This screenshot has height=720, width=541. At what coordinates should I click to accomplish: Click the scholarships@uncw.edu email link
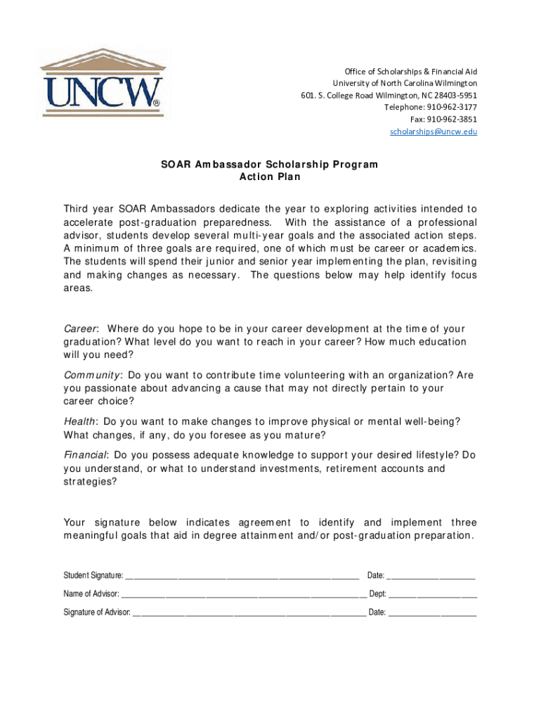point(434,131)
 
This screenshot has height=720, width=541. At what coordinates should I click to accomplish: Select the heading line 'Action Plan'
point(270,177)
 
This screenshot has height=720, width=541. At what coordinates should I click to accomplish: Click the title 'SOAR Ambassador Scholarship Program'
point(270,165)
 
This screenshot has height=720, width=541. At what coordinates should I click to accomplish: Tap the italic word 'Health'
point(80,421)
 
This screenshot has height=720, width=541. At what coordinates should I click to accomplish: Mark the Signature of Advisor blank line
point(249,613)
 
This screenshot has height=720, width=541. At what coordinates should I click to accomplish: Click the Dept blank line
point(433,595)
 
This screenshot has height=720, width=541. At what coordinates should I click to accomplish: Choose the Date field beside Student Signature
point(431,577)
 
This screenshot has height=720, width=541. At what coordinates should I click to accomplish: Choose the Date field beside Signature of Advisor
point(433,613)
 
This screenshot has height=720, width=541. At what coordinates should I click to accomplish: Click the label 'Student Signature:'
point(93,576)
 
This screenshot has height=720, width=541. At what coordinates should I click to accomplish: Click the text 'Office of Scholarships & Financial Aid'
point(410,72)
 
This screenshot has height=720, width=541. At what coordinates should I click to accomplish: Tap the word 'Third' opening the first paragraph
point(77,209)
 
